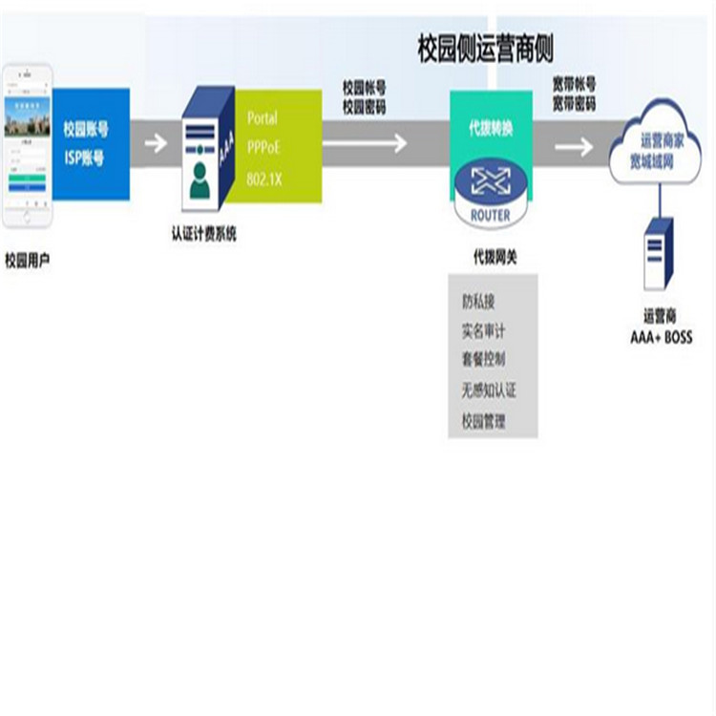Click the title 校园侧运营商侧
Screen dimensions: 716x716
[486, 48]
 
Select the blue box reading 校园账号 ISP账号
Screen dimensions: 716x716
[91, 143]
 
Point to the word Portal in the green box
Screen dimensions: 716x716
[263, 119]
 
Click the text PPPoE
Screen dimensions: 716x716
[264, 149]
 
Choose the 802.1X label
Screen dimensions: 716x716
[264, 179]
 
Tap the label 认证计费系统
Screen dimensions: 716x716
[203, 234]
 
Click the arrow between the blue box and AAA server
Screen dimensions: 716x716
[155, 144]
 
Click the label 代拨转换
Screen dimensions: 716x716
[488, 130]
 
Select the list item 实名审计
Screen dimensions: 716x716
[483, 331]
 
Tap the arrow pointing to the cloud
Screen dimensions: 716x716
[574, 147]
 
